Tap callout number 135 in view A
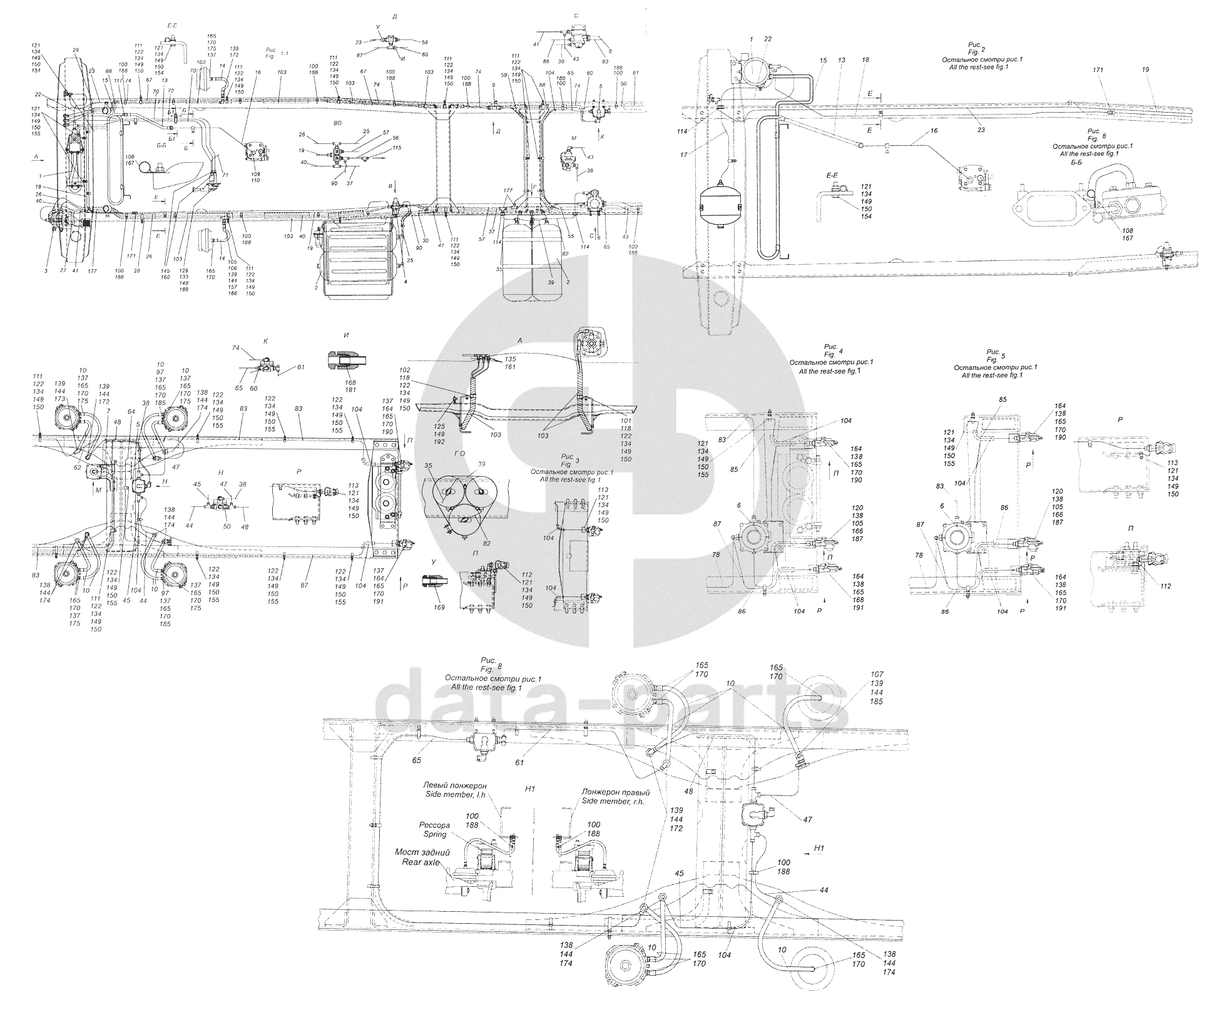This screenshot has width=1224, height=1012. click(511, 359)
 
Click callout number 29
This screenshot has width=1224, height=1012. click(75, 49)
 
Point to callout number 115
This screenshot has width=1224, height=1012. click(397, 148)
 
